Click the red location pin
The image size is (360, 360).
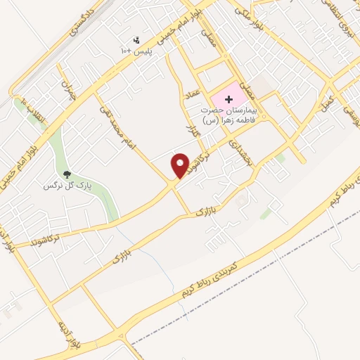[x=181, y=165]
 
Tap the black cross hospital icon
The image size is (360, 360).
[x=229, y=100]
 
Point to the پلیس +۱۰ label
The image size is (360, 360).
[x=133, y=51]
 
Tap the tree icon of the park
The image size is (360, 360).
[x=67, y=174]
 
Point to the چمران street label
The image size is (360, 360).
[x=67, y=92]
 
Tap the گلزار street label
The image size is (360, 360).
[x=188, y=131]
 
